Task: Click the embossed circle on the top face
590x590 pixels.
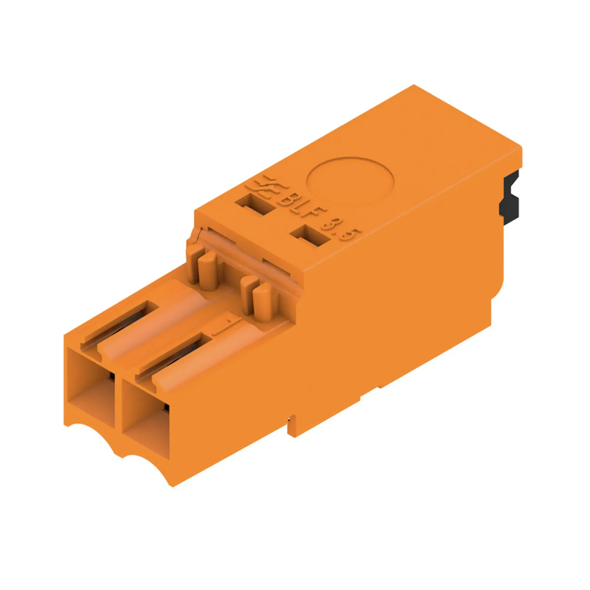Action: (350, 181)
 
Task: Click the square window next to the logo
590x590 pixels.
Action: (257, 205)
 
